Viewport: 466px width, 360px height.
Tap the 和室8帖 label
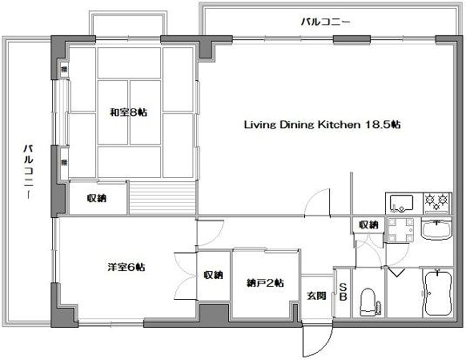tap(129, 112)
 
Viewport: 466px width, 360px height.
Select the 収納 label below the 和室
tap(96, 199)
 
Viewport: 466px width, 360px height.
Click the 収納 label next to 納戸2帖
tap(213, 275)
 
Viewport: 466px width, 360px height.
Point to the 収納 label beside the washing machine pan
tap(368, 225)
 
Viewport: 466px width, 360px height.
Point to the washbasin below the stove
tap(434, 233)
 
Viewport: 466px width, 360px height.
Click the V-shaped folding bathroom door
tap(398, 272)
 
